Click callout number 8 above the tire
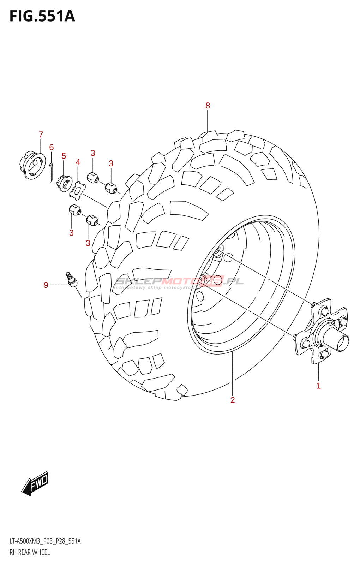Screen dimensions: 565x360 click(208, 106)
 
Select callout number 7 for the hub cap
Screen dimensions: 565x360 click(41, 135)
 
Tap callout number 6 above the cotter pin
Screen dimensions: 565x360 click(52, 147)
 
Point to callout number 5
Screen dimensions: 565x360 click(64, 156)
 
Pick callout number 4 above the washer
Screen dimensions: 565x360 click(78, 162)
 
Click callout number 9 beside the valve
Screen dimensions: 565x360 click(46, 285)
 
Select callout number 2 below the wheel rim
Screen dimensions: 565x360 click(233, 400)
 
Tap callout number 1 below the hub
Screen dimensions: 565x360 click(318, 386)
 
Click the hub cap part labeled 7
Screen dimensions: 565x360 click(32, 165)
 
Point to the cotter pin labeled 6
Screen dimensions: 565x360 click(51, 173)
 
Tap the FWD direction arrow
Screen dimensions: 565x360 click(35, 483)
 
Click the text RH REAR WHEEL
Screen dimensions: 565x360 click(30, 552)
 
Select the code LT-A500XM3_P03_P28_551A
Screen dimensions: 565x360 click(45, 541)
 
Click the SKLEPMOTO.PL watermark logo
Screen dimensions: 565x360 click(179, 282)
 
